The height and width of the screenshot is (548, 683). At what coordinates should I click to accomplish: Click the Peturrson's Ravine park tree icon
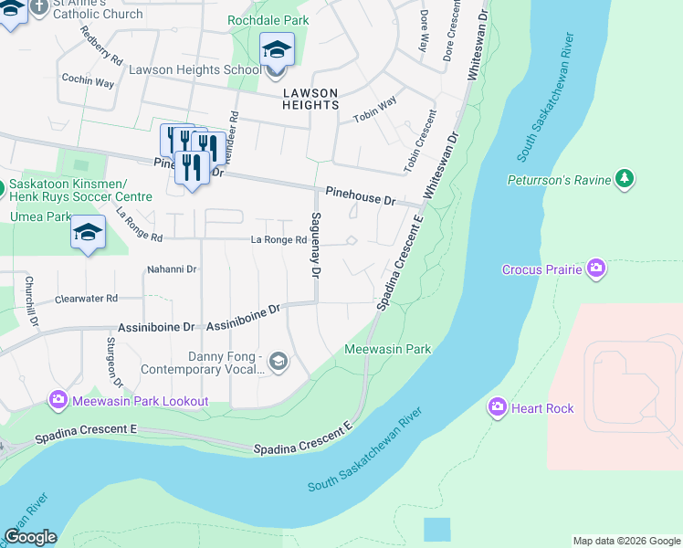pyautogui.click(x=625, y=178)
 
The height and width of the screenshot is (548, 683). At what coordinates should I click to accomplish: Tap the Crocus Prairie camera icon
pyautogui.click(x=596, y=268)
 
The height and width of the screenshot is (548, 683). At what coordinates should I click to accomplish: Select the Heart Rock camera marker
pyautogui.click(x=498, y=406)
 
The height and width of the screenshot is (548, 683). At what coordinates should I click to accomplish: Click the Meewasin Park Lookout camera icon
pyautogui.click(x=58, y=400)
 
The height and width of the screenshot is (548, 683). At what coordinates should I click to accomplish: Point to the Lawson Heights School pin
pyautogui.click(x=277, y=49)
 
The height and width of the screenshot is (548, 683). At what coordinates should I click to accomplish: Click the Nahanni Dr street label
pyautogui.click(x=173, y=269)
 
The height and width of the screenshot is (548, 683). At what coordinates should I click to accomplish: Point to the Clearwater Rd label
pyautogui.click(x=87, y=299)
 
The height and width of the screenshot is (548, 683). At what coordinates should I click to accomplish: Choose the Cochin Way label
pyautogui.click(x=87, y=82)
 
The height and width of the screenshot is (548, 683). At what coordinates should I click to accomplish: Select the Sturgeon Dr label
pyautogui.click(x=112, y=361)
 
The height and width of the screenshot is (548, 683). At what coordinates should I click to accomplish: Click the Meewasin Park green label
pyautogui.click(x=387, y=349)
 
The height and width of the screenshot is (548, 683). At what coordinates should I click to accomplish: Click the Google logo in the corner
pyautogui.click(x=30, y=537)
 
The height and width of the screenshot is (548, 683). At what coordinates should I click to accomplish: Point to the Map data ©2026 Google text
pyautogui.click(x=626, y=541)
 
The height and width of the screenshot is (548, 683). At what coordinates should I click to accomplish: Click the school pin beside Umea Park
pyautogui.click(x=88, y=233)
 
